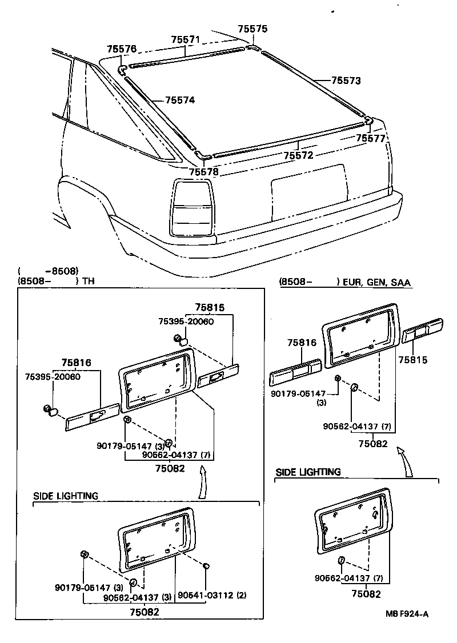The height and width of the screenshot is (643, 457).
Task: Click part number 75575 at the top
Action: click(x=252, y=29)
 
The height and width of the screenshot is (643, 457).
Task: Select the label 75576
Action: click(x=122, y=50)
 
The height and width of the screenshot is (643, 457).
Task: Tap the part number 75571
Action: click(x=186, y=39)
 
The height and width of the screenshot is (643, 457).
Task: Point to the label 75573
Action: click(x=346, y=81)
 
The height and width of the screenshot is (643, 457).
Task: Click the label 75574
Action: click(x=180, y=101)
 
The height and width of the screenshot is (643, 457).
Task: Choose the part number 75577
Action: click(x=371, y=138)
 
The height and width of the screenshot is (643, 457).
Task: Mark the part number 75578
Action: click(x=204, y=172)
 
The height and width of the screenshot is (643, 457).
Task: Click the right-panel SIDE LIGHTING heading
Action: click(x=308, y=472)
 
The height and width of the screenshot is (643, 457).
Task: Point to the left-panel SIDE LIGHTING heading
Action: click(x=65, y=496)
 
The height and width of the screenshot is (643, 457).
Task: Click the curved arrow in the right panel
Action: click(x=406, y=461)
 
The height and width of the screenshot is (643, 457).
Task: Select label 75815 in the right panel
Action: click(x=412, y=360)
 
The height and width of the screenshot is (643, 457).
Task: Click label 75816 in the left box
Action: click(x=76, y=362)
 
